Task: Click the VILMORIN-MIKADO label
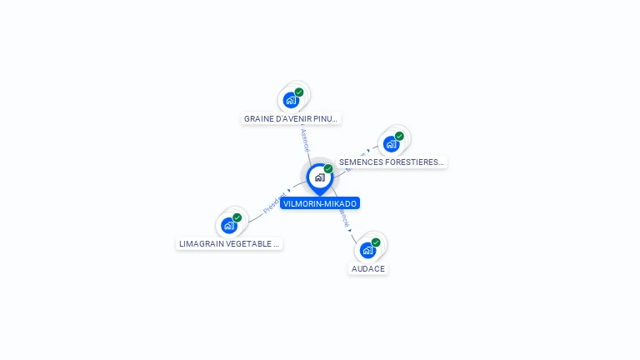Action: [x=320, y=203]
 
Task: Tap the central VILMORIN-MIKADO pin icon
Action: [x=319, y=177]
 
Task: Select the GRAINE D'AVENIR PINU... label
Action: [x=292, y=118]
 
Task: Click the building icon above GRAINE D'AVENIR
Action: [x=291, y=100]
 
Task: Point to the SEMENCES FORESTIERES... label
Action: [x=391, y=162]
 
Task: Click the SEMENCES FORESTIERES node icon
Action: [x=391, y=143]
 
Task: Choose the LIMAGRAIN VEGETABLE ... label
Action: [x=228, y=243]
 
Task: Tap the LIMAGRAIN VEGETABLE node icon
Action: [x=229, y=225]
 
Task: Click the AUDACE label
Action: [x=367, y=268]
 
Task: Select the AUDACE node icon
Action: [x=367, y=250]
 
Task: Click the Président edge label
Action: [x=274, y=204]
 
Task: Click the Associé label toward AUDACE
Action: [x=343, y=217]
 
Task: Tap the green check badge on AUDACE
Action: [x=376, y=242]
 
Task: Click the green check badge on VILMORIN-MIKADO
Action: [x=328, y=169]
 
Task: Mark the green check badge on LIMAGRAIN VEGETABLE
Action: [x=237, y=217]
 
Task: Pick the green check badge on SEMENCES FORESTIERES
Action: [x=399, y=136]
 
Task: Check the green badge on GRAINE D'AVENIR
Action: [x=299, y=92]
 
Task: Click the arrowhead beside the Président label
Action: [x=289, y=191]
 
